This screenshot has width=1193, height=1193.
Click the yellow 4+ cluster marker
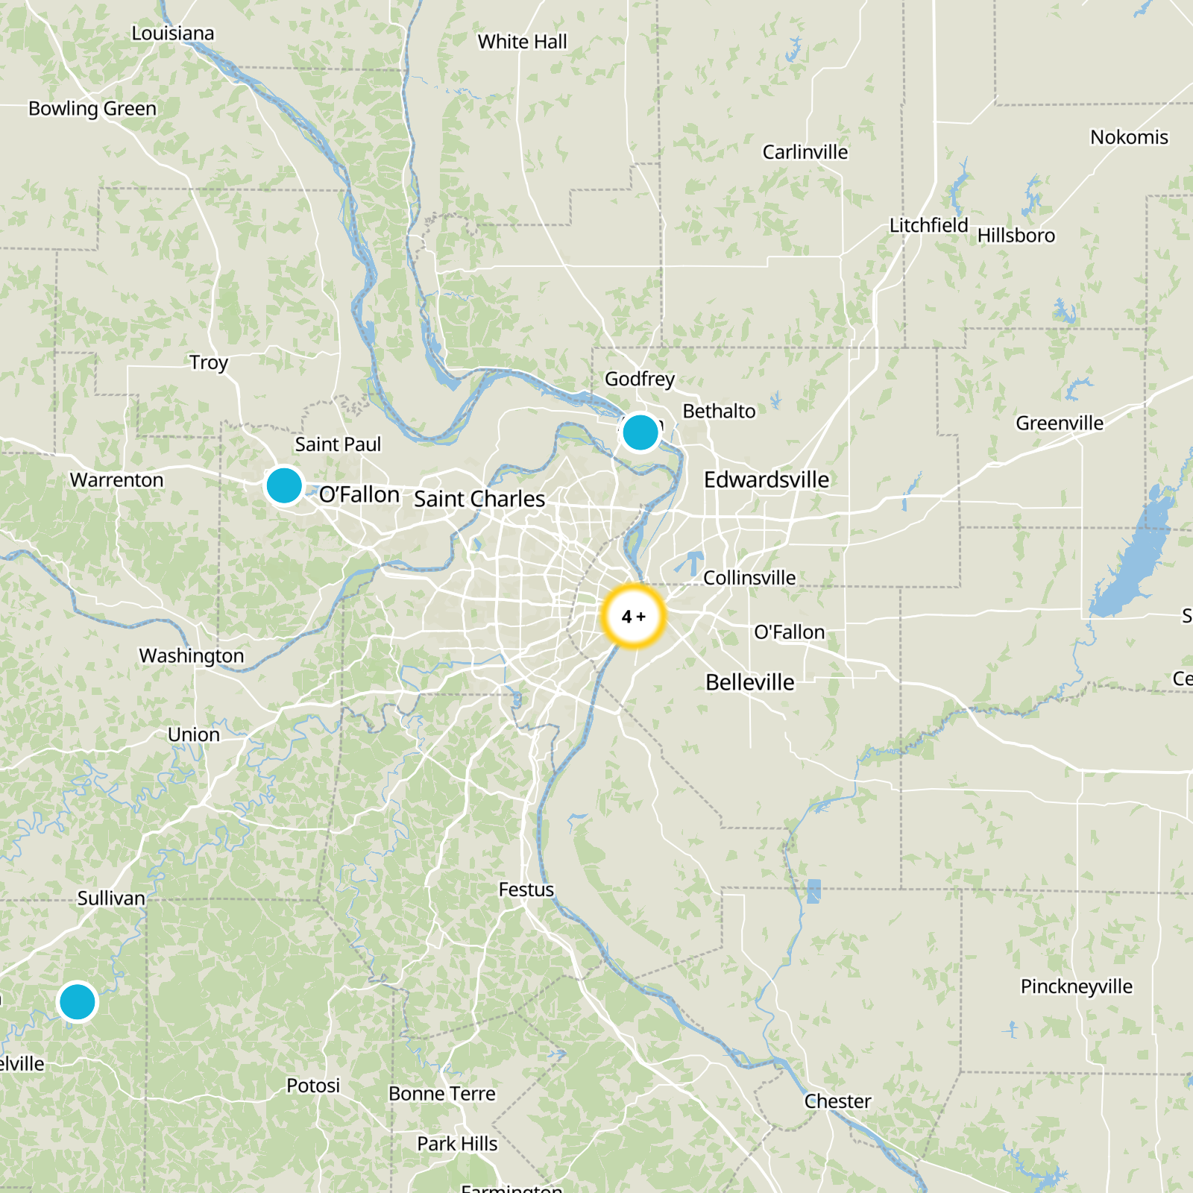pos(633,617)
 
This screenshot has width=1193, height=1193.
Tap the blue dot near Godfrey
pos(640,432)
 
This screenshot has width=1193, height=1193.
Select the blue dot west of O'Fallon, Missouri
pos(284,485)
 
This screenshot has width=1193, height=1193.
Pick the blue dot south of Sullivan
pos(78,1001)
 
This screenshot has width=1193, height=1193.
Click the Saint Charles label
pos(479,499)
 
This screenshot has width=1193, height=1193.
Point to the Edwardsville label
pos(767,479)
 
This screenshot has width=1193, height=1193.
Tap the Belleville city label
pos(750,682)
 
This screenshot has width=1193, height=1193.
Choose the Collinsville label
pos(749,578)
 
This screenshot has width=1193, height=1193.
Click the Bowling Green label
pos(92,109)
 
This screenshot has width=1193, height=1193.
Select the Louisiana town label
pos(173,34)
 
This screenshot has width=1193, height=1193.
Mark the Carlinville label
pos(805,152)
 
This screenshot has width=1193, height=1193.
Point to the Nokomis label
pos(1129,137)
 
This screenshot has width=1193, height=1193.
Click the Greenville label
pos(1060,424)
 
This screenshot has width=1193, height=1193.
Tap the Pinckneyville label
pos(1077,986)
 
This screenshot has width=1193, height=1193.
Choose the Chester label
pos(837,1101)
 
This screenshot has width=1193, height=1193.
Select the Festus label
pos(526,890)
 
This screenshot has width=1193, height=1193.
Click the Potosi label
pos(313,1086)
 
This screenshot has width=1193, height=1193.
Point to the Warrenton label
pos(117,480)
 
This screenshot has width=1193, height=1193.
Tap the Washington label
pos(192,656)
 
